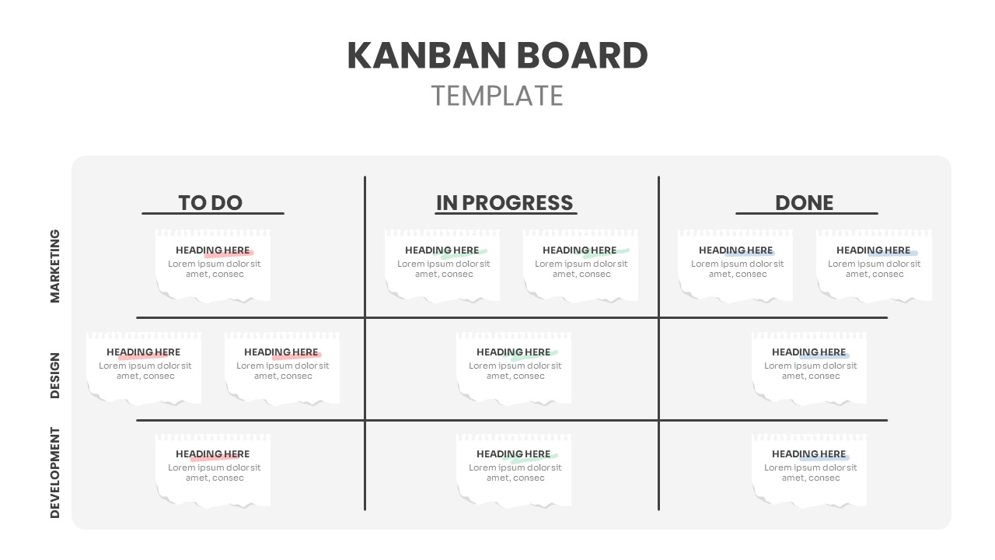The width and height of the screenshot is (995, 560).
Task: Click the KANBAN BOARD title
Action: [497, 55]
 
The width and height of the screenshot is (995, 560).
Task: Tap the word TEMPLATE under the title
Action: [497, 96]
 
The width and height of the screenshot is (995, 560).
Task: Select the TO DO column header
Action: [211, 203]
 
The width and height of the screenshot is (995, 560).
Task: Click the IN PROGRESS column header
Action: [504, 203]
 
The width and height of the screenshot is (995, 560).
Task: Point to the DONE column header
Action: [805, 203]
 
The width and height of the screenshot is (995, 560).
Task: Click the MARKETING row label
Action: [55, 266]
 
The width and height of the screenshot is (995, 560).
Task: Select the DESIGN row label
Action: [55, 375]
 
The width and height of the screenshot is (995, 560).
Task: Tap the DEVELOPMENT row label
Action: [55, 472]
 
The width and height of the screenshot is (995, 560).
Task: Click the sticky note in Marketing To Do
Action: [213, 264]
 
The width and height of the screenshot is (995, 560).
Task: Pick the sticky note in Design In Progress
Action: [514, 367]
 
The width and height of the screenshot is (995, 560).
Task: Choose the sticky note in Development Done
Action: [809, 469]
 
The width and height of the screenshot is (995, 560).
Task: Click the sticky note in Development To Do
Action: [213, 469]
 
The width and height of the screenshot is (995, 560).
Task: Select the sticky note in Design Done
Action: [809, 367]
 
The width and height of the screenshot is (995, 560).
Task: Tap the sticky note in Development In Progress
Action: [514, 469]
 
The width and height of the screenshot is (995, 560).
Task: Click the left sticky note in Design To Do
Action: [144, 367]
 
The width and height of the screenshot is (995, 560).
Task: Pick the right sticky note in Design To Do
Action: [282, 367]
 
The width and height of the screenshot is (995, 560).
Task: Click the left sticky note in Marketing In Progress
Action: [442, 264]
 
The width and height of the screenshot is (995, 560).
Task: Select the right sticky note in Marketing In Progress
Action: [581, 264]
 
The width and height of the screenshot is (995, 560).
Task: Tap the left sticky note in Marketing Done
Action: [735, 264]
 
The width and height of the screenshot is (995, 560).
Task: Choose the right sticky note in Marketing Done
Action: [874, 264]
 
